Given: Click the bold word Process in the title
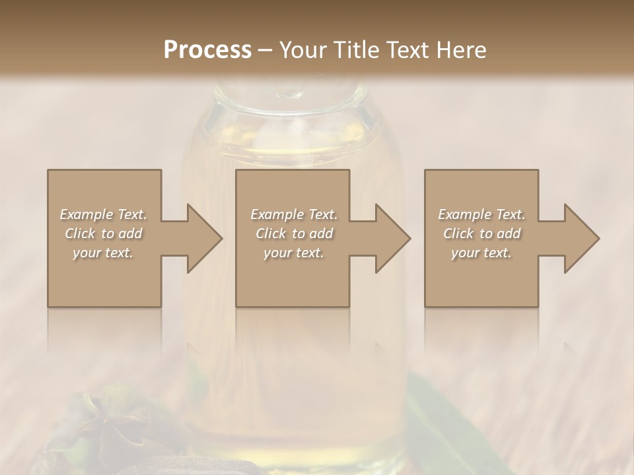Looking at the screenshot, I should pyautogui.click(x=207, y=50).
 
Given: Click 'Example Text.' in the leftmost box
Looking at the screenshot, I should pyautogui.click(x=103, y=214).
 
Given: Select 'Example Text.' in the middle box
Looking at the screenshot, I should pyautogui.click(x=294, y=214).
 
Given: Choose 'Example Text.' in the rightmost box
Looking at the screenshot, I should pyautogui.click(x=481, y=214).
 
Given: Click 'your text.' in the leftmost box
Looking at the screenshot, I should pyautogui.click(x=103, y=253).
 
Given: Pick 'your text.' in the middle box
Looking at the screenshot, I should pyautogui.click(x=294, y=253).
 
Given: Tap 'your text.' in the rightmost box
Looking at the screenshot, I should pyautogui.click(x=481, y=253).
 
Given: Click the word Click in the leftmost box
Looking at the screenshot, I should pyautogui.click(x=81, y=234).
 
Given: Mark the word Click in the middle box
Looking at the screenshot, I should pyautogui.click(x=271, y=234).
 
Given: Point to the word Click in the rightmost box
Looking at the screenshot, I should pyautogui.click(x=459, y=234).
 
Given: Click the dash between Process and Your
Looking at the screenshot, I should pyautogui.click(x=265, y=51).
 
